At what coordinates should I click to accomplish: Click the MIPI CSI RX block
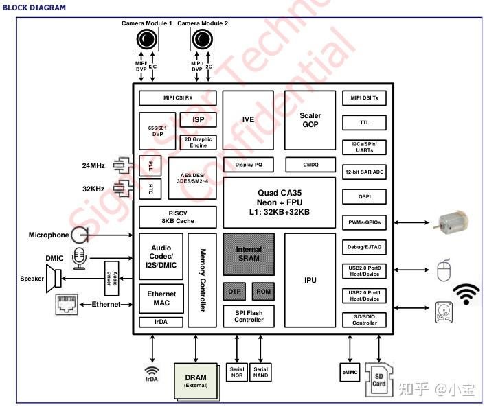click(x=177, y=98)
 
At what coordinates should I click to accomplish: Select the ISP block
click(x=198, y=120)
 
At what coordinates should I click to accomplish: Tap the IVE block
click(x=248, y=119)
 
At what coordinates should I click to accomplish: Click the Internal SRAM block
click(x=248, y=254)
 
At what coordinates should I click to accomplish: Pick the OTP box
click(x=233, y=291)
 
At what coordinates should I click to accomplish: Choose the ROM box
click(x=263, y=291)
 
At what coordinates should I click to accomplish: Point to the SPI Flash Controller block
click(x=248, y=316)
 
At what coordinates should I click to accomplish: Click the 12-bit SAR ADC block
click(x=364, y=172)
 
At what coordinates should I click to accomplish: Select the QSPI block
click(x=364, y=197)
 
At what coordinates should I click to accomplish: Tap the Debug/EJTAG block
click(x=364, y=246)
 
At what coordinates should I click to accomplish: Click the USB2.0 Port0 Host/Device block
click(x=364, y=271)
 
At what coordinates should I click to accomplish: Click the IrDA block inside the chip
click(x=161, y=322)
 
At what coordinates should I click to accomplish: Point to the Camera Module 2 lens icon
click(x=202, y=42)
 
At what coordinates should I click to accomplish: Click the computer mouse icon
click(x=444, y=272)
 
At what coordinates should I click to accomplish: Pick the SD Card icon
click(x=378, y=376)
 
